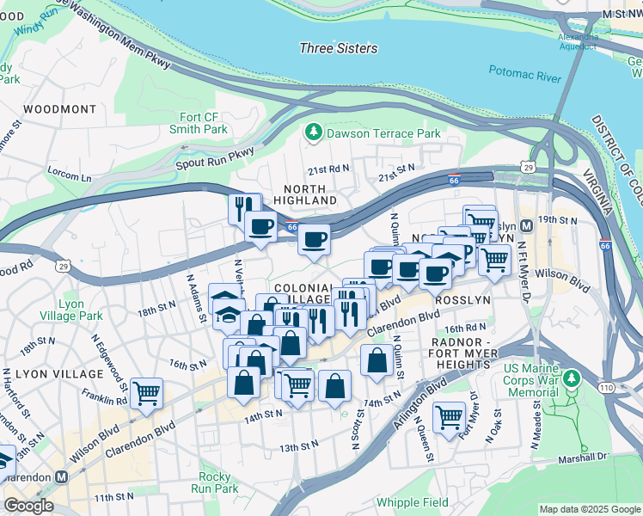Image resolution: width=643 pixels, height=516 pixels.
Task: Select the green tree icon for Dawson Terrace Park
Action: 314,132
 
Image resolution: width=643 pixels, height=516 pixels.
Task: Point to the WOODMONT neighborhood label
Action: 60,109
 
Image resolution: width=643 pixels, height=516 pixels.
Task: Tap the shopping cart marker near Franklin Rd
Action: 147,392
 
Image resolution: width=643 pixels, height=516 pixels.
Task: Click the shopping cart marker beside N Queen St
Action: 449,417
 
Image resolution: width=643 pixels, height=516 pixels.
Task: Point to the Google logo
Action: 28,506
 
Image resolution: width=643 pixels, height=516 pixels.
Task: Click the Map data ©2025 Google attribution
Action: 589,509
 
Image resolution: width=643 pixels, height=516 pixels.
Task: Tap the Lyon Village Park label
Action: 80,310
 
